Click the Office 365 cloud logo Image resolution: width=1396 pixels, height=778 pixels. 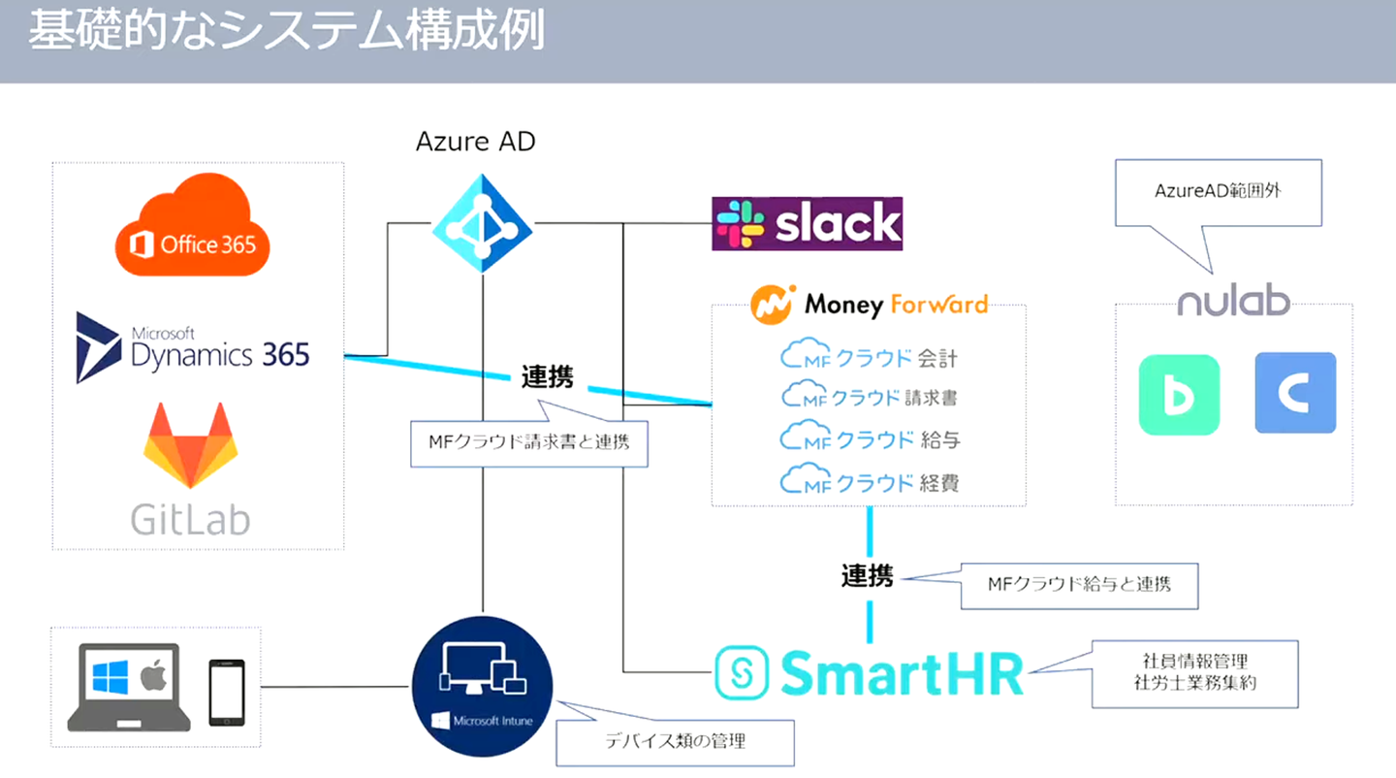click(192, 229)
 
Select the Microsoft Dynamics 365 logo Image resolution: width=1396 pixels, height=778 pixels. click(193, 347)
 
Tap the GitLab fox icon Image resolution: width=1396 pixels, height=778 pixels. click(190, 444)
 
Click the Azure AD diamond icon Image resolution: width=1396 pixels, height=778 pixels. click(482, 224)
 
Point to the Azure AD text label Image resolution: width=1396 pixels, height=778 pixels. click(475, 143)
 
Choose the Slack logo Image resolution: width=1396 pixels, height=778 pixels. click(807, 224)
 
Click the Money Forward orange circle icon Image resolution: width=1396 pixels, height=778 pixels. click(773, 305)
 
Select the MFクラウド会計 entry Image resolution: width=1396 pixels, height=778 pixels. click(869, 357)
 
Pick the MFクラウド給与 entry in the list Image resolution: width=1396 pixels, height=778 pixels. click(869, 439)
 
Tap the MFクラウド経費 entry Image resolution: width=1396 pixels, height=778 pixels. click(869, 481)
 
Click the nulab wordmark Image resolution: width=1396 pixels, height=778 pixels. click(1233, 301)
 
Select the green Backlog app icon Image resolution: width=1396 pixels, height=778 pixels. click(1179, 394)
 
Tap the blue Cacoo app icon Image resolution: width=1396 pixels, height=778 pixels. click(1295, 393)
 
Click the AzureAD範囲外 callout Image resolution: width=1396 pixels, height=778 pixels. click(1218, 192)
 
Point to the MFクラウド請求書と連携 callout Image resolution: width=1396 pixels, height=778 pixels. click(528, 442)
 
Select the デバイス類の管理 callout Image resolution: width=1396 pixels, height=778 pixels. click(675, 742)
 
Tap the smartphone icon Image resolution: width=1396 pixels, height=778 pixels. click(227, 693)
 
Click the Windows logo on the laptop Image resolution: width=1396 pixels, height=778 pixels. click(111, 676)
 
